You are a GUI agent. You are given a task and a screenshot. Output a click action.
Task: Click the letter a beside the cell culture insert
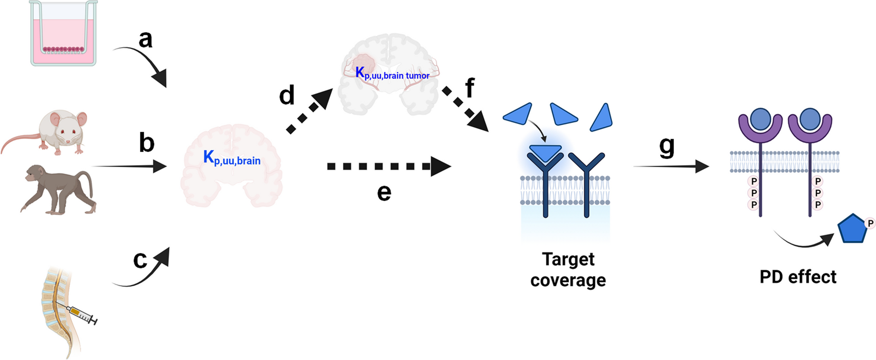coord(145,40)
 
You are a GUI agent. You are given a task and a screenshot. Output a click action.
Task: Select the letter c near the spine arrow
coord(140,259)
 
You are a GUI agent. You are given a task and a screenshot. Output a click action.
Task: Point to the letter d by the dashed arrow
coord(287,95)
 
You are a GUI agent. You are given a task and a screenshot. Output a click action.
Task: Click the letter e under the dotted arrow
coord(384,193)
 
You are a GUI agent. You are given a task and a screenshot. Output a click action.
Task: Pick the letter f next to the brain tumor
coord(470,88)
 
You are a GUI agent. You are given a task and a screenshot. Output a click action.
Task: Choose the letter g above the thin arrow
coord(667,147)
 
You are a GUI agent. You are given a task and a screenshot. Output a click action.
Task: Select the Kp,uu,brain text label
coord(232,158)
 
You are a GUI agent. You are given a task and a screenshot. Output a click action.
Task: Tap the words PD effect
coord(797,277)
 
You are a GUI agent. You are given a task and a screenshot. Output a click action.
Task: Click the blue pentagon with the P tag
coord(852,229)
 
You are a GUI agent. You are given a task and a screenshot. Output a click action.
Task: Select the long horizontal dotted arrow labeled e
coord(389,167)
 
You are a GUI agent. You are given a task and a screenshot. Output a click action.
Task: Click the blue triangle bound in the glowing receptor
coord(545,152)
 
